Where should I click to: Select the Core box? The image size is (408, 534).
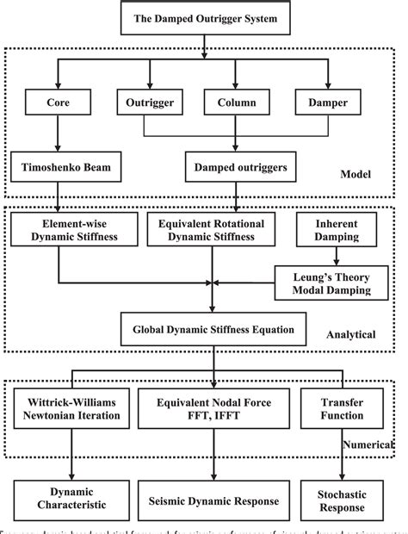click(x=55, y=104)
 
